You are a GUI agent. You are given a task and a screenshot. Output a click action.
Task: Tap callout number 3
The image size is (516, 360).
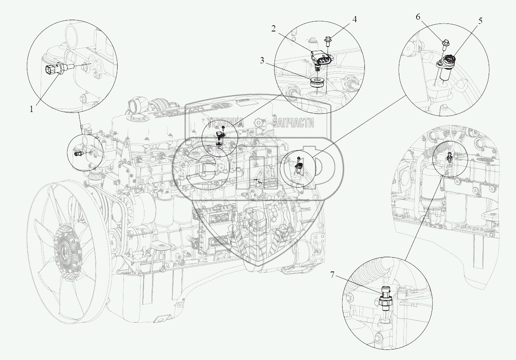262,60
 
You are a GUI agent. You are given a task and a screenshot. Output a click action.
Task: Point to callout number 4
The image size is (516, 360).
354,19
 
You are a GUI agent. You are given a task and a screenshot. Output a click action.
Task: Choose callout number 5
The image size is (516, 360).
480,20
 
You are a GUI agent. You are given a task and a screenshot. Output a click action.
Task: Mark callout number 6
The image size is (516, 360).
418,17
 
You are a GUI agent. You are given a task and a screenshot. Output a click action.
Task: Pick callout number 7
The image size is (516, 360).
332,275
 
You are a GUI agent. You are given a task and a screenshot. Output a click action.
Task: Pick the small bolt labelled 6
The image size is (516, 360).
445,43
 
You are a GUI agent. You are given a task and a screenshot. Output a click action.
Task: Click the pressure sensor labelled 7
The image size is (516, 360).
386,299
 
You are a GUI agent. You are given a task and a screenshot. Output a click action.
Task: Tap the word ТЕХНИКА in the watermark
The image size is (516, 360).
225,123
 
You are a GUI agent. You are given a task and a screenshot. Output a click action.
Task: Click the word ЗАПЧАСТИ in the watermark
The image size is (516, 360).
293,123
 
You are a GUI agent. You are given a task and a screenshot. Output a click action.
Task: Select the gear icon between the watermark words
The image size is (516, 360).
259,123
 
